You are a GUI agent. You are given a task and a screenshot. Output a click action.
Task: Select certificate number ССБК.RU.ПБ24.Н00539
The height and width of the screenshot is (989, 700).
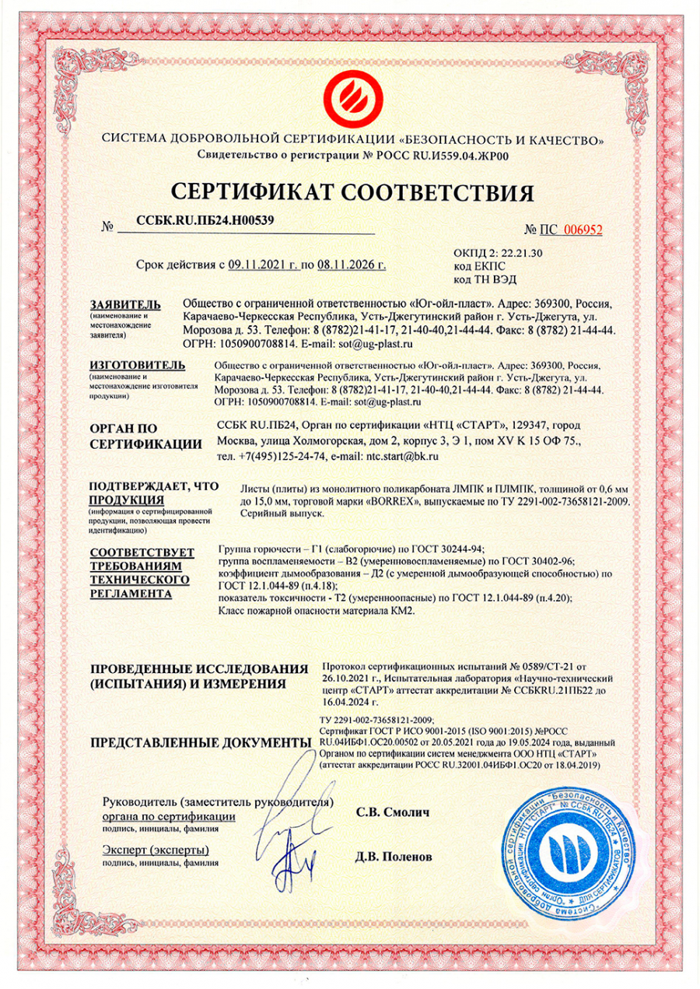[205, 220]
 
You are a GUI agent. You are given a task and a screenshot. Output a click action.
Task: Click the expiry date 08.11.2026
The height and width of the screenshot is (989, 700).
[352, 265]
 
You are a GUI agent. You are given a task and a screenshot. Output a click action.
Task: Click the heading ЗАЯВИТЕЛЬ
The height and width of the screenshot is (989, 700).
[125, 303]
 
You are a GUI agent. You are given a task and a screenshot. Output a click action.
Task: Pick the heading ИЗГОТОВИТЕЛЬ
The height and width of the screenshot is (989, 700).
[137, 364]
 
